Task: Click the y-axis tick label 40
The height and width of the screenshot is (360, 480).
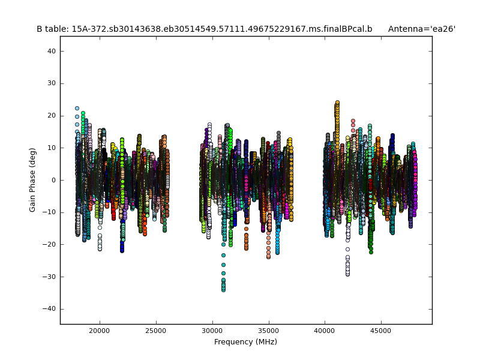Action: [51, 52]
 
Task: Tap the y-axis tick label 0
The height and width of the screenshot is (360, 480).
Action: [53, 180]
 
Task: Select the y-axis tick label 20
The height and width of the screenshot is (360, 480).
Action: [51, 116]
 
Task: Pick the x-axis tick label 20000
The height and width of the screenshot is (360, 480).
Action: [99, 330]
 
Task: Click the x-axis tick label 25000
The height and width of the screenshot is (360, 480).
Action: [156, 330]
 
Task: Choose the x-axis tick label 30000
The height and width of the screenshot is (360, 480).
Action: [212, 330]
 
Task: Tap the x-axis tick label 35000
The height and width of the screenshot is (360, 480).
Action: [269, 330]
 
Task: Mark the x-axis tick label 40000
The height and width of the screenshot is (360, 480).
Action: [325, 330]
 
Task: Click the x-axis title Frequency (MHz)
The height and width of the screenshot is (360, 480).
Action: [245, 342]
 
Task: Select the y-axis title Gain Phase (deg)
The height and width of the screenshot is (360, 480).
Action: [33, 180]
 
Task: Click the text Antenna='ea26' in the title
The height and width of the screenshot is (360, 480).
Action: [421, 29]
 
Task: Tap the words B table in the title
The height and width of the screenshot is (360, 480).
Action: [51, 29]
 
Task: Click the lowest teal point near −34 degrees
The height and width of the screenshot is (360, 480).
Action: [223, 290]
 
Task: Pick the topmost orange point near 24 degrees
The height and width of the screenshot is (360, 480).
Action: [337, 103]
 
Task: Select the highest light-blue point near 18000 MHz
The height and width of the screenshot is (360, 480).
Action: [77, 109]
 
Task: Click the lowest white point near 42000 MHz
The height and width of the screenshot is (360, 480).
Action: [347, 274]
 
